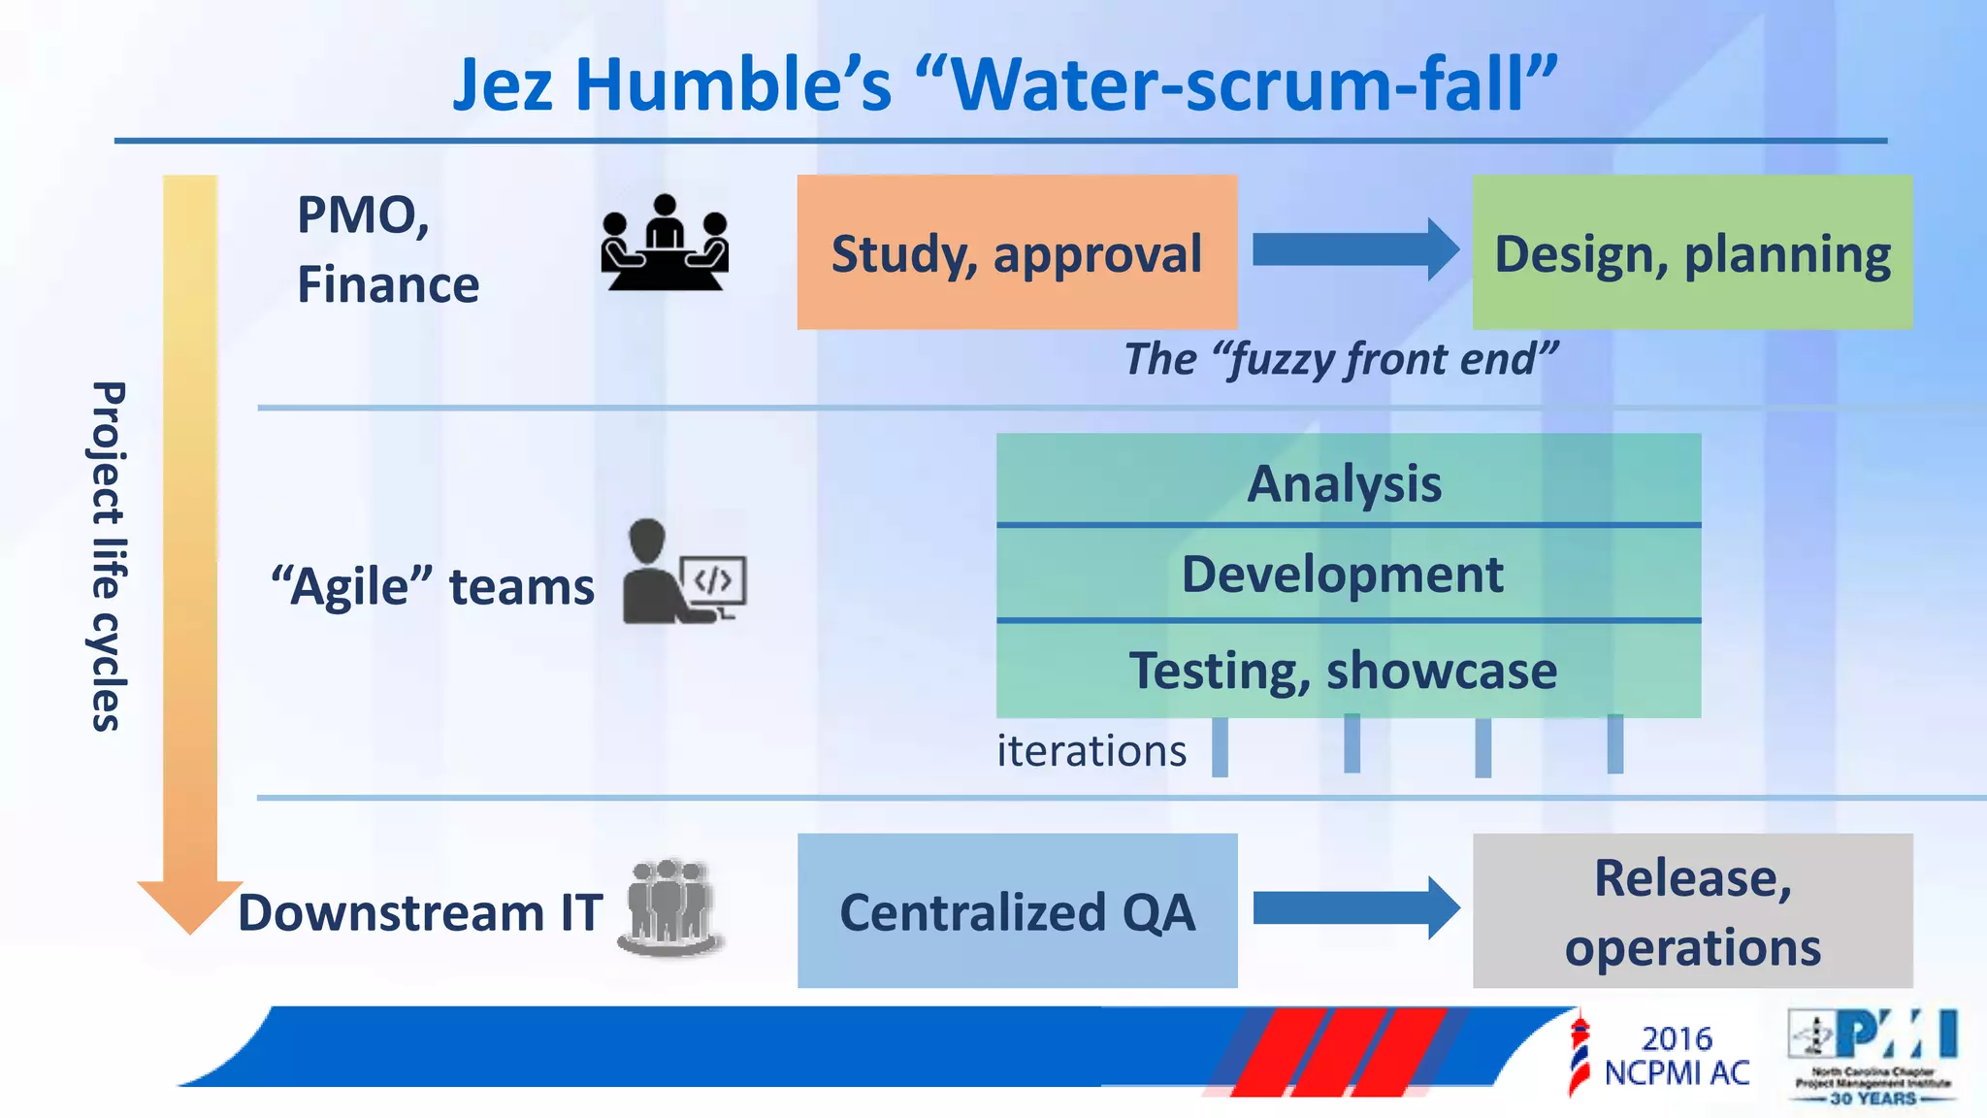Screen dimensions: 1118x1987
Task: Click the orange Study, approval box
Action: pos(1017,252)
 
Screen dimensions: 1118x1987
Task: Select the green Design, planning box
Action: pos(1692,252)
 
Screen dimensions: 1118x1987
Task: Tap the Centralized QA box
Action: pos(1017,910)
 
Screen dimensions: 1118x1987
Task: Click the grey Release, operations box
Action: pos(1692,910)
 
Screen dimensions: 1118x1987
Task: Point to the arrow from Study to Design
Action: pos(1354,249)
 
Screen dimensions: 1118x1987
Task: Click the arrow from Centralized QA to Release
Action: pos(1354,908)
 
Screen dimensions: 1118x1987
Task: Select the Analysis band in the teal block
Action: pos(1347,481)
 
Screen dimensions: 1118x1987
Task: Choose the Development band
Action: pos(1347,574)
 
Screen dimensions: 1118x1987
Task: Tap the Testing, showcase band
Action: pos(1347,671)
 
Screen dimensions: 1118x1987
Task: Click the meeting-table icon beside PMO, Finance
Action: pos(665,242)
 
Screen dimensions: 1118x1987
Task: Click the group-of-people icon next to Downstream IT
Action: pos(669,907)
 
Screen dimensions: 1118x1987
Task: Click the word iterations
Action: pos(1091,751)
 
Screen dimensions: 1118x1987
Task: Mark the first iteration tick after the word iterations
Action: pos(1220,747)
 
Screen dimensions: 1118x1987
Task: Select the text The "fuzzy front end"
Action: pos(1341,359)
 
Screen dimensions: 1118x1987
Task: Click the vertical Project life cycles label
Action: pos(107,555)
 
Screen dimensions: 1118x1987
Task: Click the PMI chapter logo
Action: pos(1873,1056)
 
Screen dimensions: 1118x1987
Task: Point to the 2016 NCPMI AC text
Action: pos(1677,1056)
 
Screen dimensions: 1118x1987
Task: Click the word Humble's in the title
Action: pos(733,85)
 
